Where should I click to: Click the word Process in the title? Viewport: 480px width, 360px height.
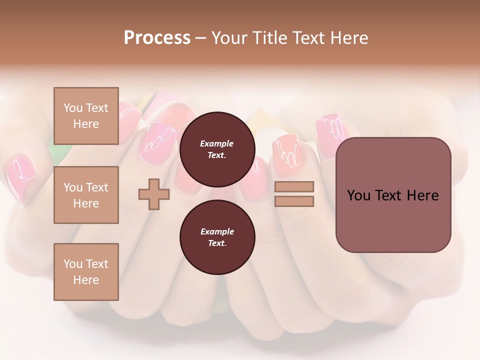(x=157, y=37)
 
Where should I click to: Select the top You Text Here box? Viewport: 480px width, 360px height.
(x=86, y=116)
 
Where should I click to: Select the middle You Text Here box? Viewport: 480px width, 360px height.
(x=86, y=195)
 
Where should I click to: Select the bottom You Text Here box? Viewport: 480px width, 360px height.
(x=86, y=271)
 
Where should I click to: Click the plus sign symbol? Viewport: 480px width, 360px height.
(x=154, y=194)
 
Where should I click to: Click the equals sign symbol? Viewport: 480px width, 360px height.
(x=294, y=194)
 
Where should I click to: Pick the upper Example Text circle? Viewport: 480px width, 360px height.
(x=217, y=149)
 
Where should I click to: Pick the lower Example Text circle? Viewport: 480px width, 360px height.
(x=217, y=237)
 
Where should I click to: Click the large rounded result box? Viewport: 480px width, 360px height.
(x=393, y=194)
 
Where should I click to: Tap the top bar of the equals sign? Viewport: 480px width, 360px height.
(x=294, y=186)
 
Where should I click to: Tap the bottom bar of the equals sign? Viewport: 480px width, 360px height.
(x=294, y=201)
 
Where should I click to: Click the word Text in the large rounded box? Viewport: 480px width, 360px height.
(x=393, y=195)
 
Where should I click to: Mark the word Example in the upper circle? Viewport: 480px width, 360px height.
(x=217, y=143)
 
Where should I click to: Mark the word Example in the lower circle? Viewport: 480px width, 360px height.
(x=217, y=231)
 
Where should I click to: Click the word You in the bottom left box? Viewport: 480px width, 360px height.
(x=73, y=264)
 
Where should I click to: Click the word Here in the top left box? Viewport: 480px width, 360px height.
(x=86, y=124)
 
